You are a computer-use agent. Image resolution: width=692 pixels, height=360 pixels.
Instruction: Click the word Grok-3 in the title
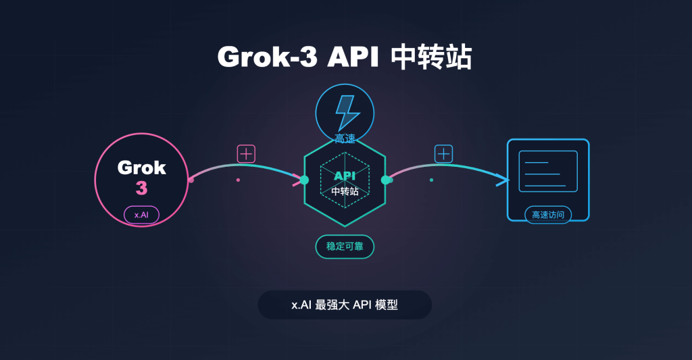(265, 57)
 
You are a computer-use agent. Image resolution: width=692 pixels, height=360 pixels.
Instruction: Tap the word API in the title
(351, 57)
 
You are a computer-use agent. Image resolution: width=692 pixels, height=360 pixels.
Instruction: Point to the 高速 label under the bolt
(345, 138)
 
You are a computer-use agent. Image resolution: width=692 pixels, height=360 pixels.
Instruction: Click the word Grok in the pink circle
(141, 167)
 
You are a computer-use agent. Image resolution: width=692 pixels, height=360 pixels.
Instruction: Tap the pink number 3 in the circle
(141, 188)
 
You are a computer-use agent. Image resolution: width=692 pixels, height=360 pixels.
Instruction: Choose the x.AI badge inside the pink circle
(141, 215)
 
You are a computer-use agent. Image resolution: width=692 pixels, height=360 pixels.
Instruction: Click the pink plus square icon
(246, 154)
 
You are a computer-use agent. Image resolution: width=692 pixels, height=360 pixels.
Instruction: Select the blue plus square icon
(443, 154)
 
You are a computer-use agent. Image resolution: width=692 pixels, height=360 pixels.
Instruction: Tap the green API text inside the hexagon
(345, 176)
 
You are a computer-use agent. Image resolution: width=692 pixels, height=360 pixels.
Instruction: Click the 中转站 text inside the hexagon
(345, 191)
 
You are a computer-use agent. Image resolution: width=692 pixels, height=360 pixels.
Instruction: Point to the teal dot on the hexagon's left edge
(304, 180)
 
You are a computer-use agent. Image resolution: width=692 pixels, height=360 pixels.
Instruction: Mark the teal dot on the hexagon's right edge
(386, 180)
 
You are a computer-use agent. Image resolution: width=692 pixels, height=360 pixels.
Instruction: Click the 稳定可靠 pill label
(345, 247)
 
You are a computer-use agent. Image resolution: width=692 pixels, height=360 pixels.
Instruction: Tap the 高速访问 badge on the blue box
(547, 215)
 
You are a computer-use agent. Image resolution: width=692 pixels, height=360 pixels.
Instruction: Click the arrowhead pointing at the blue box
(501, 180)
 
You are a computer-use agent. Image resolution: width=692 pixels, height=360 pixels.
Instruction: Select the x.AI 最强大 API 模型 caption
(345, 305)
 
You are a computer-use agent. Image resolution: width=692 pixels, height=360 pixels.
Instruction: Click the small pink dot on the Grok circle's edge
(191, 180)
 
